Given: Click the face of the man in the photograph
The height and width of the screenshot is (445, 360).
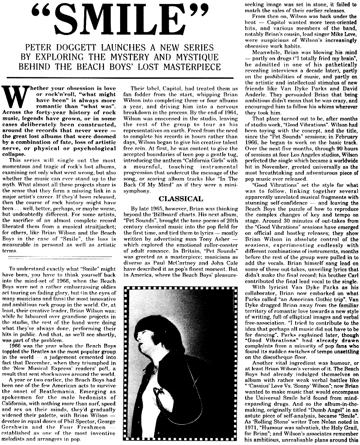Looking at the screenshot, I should (x=161, y=315).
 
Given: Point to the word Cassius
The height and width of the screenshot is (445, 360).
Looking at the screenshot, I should (x=261, y=378).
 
